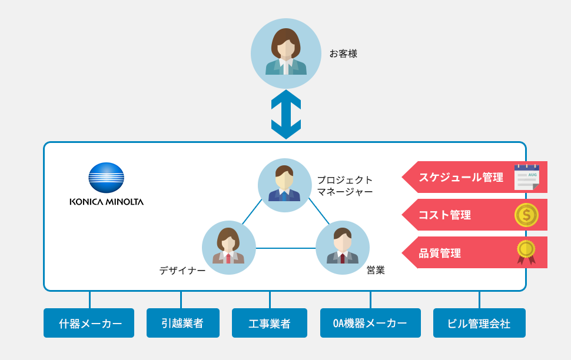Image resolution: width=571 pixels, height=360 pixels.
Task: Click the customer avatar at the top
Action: (286, 54)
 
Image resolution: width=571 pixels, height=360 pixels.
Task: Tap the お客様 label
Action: (343, 54)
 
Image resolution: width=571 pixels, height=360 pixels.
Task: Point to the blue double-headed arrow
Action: (286, 115)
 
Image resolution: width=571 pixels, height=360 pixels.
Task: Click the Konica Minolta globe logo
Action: (107, 178)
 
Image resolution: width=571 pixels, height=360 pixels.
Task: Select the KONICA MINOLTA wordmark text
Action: (107, 202)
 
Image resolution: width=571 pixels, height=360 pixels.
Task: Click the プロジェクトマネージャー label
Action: (345, 186)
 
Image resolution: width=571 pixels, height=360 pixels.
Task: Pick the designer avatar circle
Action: (229, 248)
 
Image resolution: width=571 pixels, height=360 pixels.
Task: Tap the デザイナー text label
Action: (182, 271)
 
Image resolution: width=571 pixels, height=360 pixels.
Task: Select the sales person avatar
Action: (343, 248)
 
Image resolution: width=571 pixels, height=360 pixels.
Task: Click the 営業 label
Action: (376, 271)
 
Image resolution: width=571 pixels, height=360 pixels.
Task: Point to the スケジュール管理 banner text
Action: (461, 177)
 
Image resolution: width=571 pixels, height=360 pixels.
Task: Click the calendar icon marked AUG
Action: (526, 177)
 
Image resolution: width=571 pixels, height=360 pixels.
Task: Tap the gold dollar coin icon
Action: (526, 215)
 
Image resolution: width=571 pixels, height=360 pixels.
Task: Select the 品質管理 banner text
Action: (440, 253)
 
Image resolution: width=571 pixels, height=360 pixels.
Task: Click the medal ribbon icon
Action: (526, 252)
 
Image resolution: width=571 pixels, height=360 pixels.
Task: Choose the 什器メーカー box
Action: (89, 323)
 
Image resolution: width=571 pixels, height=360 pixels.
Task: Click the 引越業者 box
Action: (182, 323)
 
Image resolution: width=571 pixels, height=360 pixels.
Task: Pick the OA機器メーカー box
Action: (370, 323)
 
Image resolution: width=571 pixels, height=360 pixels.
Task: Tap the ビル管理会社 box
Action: (479, 323)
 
